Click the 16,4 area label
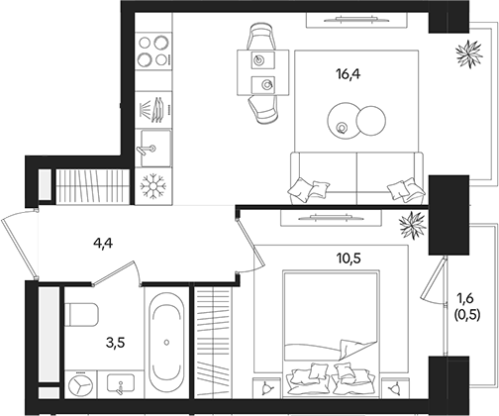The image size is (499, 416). [x=349, y=74]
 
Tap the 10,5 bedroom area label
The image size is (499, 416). [x=349, y=259]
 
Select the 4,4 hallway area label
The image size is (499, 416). [x=103, y=244]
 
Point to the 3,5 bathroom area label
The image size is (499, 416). [x=116, y=343]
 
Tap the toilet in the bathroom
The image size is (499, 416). [x=81, y=314]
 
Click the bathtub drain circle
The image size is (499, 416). [x=166, y=343]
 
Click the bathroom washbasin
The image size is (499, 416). [x=121, y=383]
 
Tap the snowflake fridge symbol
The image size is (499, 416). [x=153, y=186]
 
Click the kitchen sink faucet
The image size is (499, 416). [x=146, y=150]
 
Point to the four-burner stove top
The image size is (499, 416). [x=153, y=51]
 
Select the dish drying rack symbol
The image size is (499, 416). [x=153, y=110]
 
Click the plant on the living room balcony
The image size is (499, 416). [x=468, y=53]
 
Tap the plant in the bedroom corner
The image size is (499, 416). [x=413, y=225]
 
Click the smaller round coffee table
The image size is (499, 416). [x=371, y=121]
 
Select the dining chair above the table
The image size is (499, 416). [x=261, y=36]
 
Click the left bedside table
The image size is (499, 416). [x=267, y=388]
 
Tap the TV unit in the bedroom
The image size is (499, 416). [x=331, y=218]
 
